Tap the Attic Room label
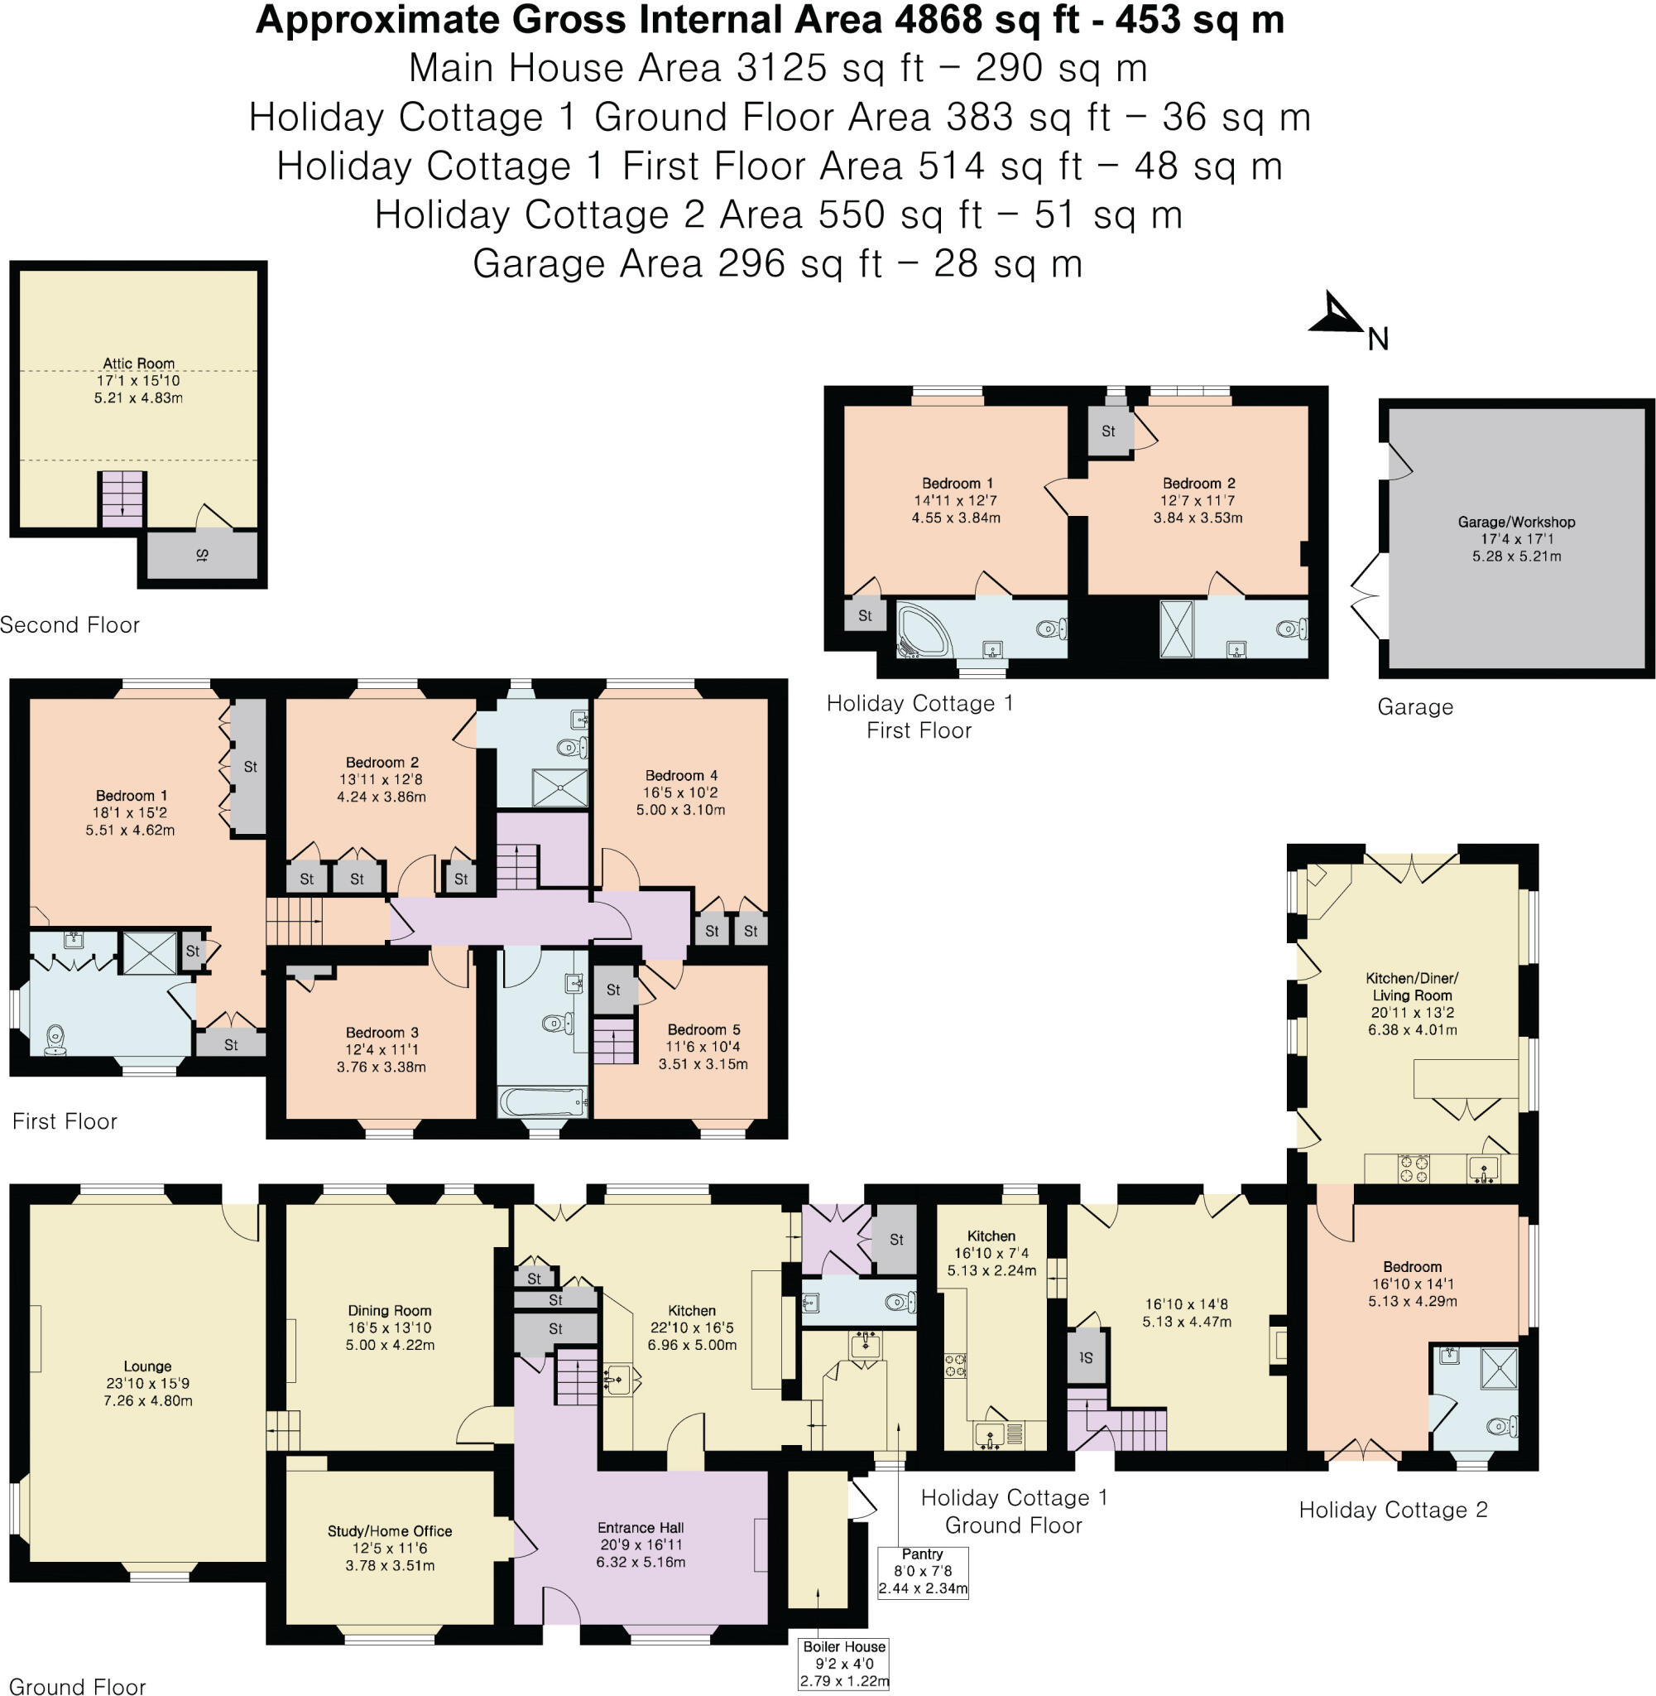[139, 364]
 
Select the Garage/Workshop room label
[1516, 522]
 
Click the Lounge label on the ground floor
[147, 1366]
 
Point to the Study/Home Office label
[390, 1530]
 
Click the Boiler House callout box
[843, 1664]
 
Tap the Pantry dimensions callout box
[922, 1572]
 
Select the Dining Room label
[390, 1310]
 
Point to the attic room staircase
[122, 499]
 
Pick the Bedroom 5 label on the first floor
[703, 1029]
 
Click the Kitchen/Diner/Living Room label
[1413, 986]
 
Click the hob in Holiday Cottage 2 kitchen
[1413, 1168]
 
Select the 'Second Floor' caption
[70, 624]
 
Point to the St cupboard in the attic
[202, 555]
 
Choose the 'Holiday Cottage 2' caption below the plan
[1393, 1510]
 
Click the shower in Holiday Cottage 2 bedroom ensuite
[1499, 1367]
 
